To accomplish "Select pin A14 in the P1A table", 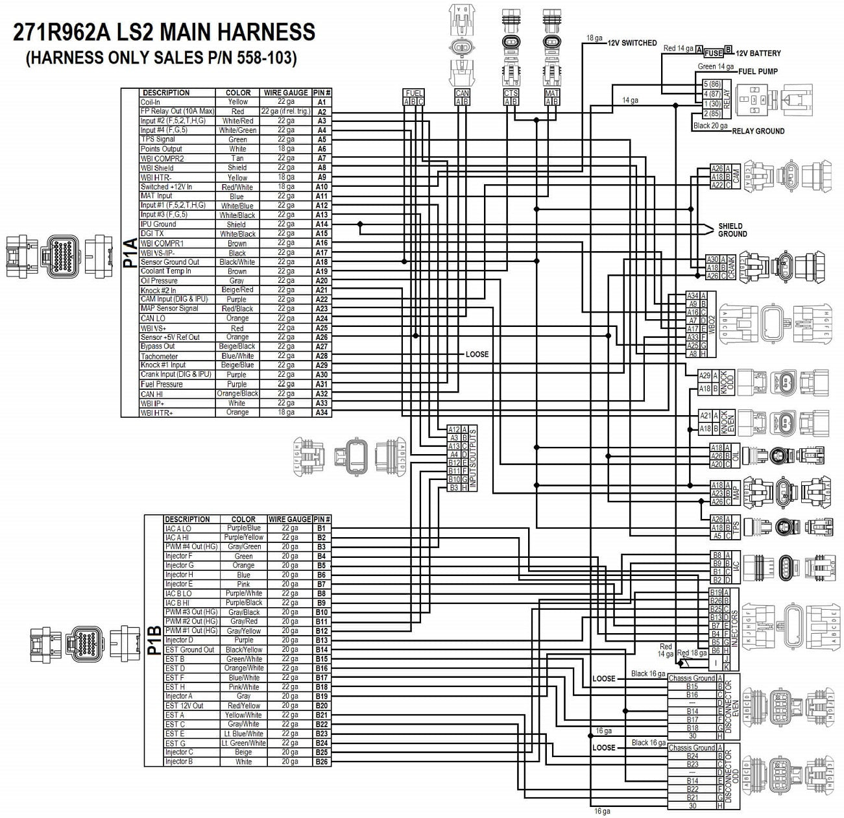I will click(322, 224).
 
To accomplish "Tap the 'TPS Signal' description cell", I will click(158, 139).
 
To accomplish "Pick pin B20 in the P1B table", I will click(322, 706).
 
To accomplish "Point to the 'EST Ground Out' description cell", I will click(189, 649).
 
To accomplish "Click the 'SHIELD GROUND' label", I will click(732, 230).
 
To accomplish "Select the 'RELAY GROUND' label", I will click(758, 131).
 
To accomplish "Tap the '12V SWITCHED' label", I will click(632, 43).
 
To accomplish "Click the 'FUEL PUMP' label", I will click(758, 71).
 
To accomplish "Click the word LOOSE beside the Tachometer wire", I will click(477, 355).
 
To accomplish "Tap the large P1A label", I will click(130, 253).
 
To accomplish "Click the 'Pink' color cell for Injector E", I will click(243, 584).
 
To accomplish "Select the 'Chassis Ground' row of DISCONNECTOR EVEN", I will click(692, 678).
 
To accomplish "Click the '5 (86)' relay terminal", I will click(712, 84).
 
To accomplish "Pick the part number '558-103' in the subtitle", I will click(265, 58).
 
